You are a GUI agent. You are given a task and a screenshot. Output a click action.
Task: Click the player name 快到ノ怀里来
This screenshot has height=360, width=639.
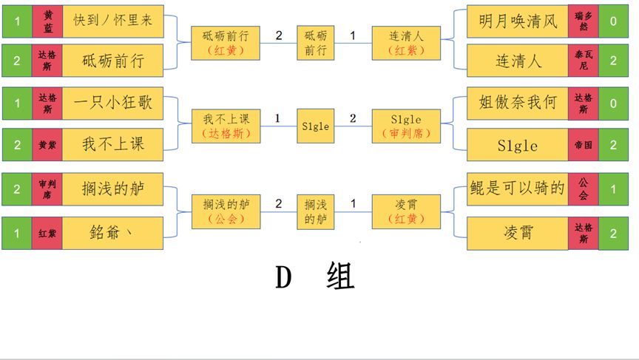click(x=112, y=21)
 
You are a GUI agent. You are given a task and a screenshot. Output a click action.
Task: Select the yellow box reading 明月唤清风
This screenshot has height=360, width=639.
click(x=518, y=21)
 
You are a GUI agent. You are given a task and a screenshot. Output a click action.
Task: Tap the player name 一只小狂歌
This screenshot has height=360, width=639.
click(x=112, y=103)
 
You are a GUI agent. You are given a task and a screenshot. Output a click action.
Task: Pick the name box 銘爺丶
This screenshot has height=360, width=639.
click(x=112, y=233)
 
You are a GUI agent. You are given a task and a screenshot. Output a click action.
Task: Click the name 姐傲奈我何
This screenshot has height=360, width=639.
click(x=518, y=103)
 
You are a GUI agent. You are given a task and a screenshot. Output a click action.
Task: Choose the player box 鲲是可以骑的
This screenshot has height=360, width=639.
click(x=518, y=189)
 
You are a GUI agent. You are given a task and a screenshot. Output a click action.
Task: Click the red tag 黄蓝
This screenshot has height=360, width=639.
click(x=47, y=21)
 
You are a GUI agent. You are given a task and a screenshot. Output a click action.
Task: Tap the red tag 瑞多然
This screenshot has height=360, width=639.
click(x=583, y=21)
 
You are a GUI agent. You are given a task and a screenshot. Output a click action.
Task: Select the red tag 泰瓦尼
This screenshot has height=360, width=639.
click(x=583, y=61)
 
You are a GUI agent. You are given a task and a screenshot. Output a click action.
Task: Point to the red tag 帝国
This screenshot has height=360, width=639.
click(x=583, y=145)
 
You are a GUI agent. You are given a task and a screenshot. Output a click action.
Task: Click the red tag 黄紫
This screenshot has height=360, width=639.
click(x=47, y=145)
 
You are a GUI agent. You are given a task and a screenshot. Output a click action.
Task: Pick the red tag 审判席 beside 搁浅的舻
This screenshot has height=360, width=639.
click(x=47, y=190)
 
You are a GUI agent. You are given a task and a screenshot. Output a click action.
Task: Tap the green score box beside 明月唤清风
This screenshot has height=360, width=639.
click(x=613, y=21)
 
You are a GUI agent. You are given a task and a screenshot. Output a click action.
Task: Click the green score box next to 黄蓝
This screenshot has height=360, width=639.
click(x=16, y=21)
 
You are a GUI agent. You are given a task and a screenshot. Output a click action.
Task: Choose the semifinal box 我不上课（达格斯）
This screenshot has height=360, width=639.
click(x=226, y=126)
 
